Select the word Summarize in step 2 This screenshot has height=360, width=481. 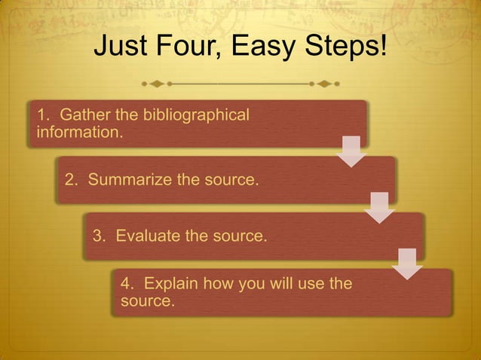[129, 181]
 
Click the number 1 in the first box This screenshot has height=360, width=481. [42, 115]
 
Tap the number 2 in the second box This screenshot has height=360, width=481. [70, 181]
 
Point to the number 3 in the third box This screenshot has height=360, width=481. [98, 236]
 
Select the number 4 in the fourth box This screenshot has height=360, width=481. [126, 284]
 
